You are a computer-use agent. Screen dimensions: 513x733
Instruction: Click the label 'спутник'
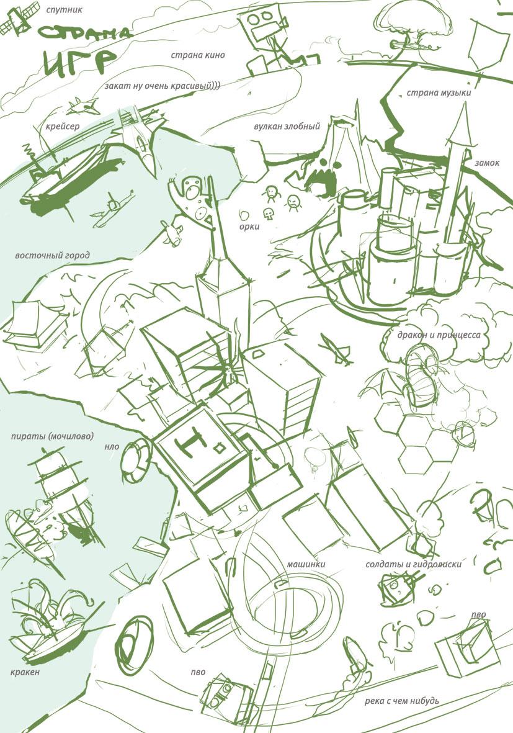click(64, 9)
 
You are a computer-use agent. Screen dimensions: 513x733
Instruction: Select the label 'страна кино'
click(198, 55)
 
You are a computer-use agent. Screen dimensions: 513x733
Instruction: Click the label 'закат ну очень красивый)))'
click(162, 86)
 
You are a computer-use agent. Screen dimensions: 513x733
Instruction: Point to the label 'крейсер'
click(63, 127)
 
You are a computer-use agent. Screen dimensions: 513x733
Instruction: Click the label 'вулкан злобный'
click(287, 127)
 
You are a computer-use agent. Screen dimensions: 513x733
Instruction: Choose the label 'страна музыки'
click(439, 92)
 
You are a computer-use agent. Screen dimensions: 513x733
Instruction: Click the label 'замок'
click(487, 163)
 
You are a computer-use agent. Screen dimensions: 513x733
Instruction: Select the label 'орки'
click(249, 227)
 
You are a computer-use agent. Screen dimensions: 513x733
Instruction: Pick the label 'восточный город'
click(52, 256)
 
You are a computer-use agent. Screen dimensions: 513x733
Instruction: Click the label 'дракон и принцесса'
click(439, 335)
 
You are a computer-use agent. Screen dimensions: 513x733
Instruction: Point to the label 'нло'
click(112, 446)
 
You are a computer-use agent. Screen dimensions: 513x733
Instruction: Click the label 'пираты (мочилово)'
click(52, 436)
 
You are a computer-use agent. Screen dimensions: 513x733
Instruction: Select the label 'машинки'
click(306, 564)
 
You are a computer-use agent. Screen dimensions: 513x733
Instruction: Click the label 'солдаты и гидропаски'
click(414, 564)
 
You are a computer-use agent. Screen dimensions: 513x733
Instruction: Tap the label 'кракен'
click(25, 672)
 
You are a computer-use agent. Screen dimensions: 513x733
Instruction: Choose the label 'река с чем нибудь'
click(402, 701)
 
